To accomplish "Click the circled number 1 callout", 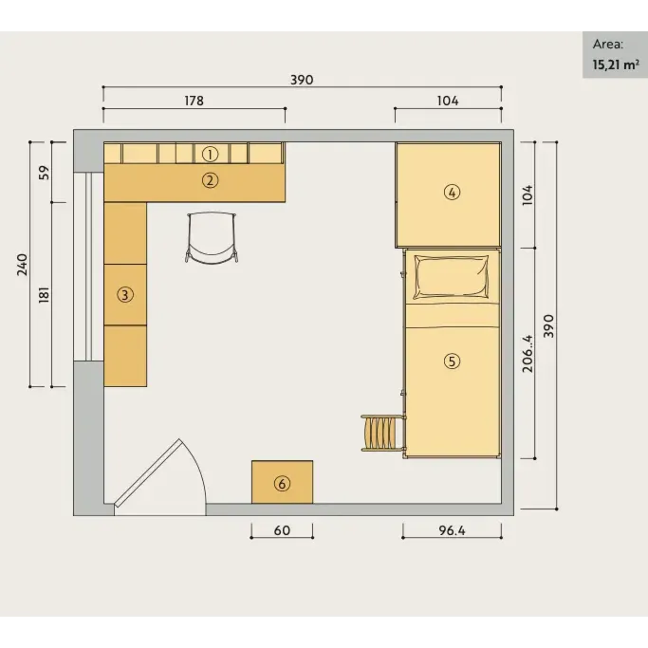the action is click(210, 154).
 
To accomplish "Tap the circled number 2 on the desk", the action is click(210, 180).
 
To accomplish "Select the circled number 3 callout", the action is click(125, 295).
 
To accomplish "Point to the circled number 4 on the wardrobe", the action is click(452, 193).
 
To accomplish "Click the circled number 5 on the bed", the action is click(452, 361).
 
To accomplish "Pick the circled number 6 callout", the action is click(283, 484).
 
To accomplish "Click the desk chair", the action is click(212, 237).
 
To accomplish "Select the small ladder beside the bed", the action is click(382, 433).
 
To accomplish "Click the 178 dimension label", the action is click(194, 101).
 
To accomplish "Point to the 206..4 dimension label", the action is click(528, 353).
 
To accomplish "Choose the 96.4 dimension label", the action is click(452, 530).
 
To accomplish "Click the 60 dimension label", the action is click(282, 530).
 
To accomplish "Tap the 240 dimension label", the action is click(22, 265).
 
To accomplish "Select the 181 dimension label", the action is click(44, 295).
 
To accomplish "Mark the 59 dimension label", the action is click(44, 173).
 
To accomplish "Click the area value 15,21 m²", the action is click(616, 65).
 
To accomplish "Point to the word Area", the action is click(608, 45).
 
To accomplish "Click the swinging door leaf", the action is click(148, 472).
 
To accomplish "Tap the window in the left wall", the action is click(89, 267).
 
